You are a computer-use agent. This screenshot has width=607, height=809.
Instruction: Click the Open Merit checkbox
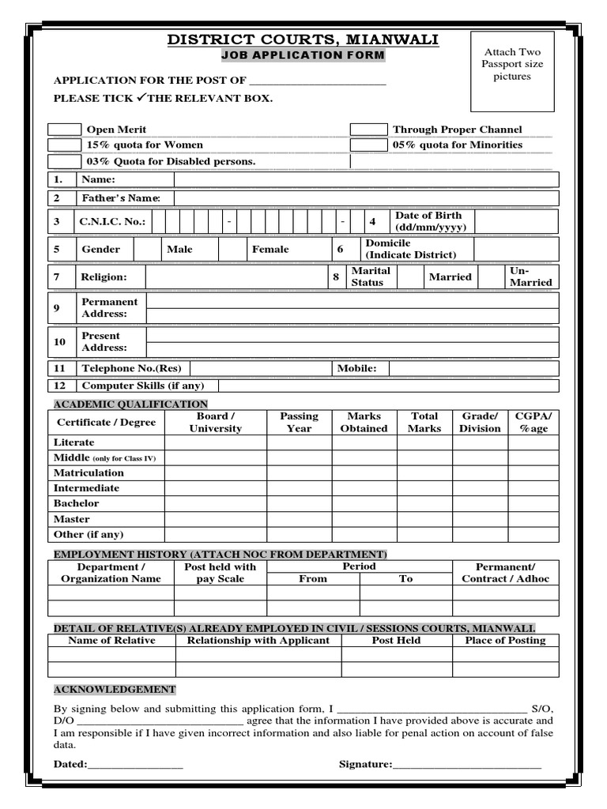(65, 130)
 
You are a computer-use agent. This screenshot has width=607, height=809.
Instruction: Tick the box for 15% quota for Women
(65, 145)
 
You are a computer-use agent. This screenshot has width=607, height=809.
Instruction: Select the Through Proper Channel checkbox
(368, 130)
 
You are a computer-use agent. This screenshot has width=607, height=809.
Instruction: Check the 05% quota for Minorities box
(368, 145)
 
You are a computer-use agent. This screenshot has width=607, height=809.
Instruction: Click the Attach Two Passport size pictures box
(512, 71)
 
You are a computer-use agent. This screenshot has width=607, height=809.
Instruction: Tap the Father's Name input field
(366, 198)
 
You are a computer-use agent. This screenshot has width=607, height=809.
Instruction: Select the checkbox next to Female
(232, 250)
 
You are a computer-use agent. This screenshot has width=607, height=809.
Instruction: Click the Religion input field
(236, 277)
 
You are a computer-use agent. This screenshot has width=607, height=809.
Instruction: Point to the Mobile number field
(473, 368)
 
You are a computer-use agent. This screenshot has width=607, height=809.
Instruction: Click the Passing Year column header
(299, 422)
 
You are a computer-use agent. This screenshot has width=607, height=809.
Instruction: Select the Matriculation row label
(89, 472)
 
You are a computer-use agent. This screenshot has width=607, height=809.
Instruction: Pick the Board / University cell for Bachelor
(215, 503)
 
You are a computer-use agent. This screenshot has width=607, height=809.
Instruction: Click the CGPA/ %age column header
(533, 422)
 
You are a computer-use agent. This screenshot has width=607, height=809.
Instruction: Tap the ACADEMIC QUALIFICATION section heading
(130, 404)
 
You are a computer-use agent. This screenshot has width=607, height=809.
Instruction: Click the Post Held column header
(396, 641)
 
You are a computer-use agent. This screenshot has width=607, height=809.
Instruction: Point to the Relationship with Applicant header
(258, 641)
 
